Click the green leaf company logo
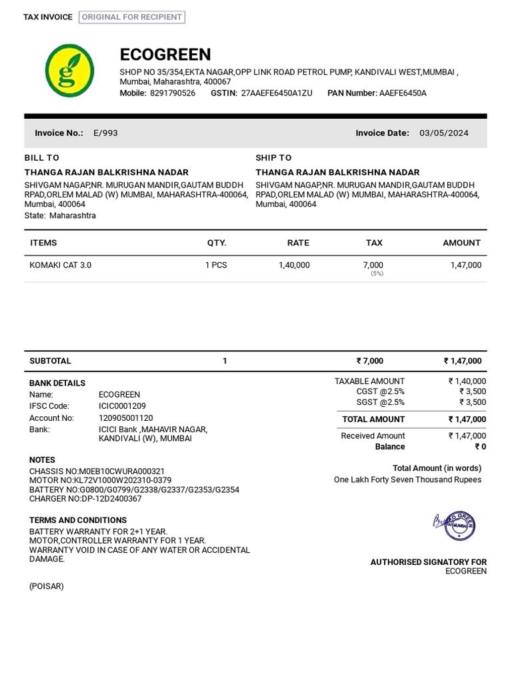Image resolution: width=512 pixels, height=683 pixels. tap(69, 69)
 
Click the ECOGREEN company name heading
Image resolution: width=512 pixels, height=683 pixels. tap(165, 55)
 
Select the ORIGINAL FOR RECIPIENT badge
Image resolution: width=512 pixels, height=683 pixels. tap(132, 17)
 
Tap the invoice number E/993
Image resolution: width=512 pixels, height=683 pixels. tap(105, 133)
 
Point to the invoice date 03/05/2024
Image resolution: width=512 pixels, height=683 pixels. tap(443, 133)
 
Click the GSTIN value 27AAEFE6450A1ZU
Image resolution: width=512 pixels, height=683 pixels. tap(276, 93)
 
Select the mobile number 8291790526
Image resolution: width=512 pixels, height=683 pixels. tap(173, 93)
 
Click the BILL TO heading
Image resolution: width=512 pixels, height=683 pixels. tap(42, 157)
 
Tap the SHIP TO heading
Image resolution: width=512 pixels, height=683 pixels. tap(273, 157)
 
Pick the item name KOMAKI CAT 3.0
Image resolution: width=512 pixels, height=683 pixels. tap(61, 265)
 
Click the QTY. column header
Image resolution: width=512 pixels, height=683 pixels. tap(217, 243)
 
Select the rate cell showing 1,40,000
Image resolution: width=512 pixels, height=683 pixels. tap(294, 265)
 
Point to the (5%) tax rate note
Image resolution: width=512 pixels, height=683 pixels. tap(377, 273)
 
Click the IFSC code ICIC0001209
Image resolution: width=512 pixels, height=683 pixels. tap(122, 406)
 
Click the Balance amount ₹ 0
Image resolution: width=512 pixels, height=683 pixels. tap(480, 447)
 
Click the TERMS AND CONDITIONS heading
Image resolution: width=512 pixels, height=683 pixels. tap(78, 520)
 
